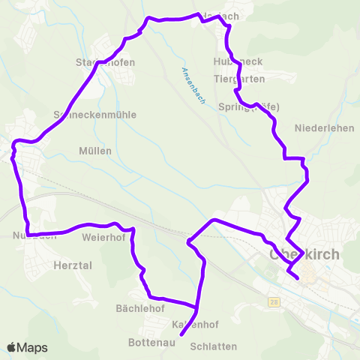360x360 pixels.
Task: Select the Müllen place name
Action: tap(95, 151)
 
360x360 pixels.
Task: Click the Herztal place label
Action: tap(72, 265)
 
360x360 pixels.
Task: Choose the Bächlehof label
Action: tap(139, 308)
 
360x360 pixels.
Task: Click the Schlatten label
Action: tap(214, 346)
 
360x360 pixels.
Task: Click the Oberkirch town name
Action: tap(303, 254)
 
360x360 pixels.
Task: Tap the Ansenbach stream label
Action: tap(193, 85)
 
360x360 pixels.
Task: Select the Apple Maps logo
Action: tap(27, 347)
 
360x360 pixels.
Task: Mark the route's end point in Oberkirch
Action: tap(298, 278)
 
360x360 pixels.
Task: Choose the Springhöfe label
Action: tap(248, 107)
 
